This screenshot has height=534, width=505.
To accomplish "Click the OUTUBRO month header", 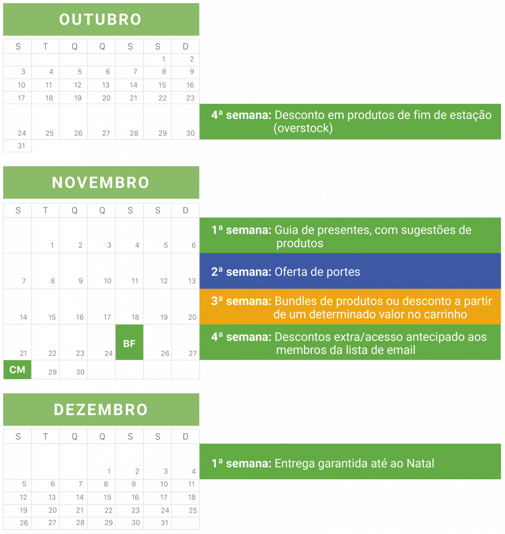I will coord(101,20).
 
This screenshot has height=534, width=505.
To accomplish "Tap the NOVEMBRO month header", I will coord(101,183).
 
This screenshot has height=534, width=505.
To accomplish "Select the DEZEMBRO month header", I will coord(101,410).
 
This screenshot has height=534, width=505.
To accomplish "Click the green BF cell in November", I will coord(129,343).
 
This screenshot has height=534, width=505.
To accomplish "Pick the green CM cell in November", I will coord(17,370).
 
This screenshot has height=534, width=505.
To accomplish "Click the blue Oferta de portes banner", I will coord(350,272).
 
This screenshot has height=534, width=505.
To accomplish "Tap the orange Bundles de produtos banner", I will coord(350,307).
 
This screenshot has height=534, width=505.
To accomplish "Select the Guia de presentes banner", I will coord(350,236).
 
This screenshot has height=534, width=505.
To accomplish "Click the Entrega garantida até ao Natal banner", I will coord(350,463).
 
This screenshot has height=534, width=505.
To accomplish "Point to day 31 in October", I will coord(21,146).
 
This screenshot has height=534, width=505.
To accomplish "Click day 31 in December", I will coord(165,523).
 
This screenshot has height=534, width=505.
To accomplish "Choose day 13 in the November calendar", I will coord(192,281).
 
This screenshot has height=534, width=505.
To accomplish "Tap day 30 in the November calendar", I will coord(80,372).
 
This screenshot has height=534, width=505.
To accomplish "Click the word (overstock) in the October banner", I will coord(303,128).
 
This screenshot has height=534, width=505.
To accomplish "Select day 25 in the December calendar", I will coord(192,511).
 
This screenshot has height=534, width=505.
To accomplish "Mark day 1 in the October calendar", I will coord(163,59).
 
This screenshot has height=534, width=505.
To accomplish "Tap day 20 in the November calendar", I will coord(192,317).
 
